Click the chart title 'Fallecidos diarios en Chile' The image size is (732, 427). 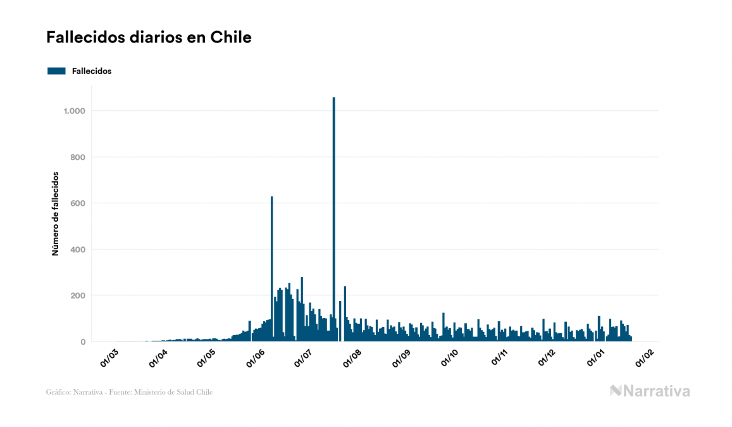pyautogui.click(x=149, y=37)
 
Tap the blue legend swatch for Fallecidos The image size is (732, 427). pyautogui.click(x=56, y=71)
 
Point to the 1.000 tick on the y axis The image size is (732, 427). pyautogui.click(x=74, y=111)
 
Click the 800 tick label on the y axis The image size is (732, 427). pyautogui.click(x=77, y=157)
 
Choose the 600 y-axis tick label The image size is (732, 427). pyautogui.click(x=77, y=203)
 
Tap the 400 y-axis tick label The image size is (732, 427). pyautogui.click(x=77, y=250)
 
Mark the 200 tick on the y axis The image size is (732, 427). pyautogui.click(x=77, y=296)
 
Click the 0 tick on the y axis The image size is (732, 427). pyautogui.click(x=83, y=342)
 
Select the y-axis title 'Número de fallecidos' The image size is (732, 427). pyautogui.click(x=55, y=213)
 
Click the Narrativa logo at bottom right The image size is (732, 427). pyautogui.click(x=650, y=391)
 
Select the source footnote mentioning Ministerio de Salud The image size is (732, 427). pyautogui.click(x=129, y=392)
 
